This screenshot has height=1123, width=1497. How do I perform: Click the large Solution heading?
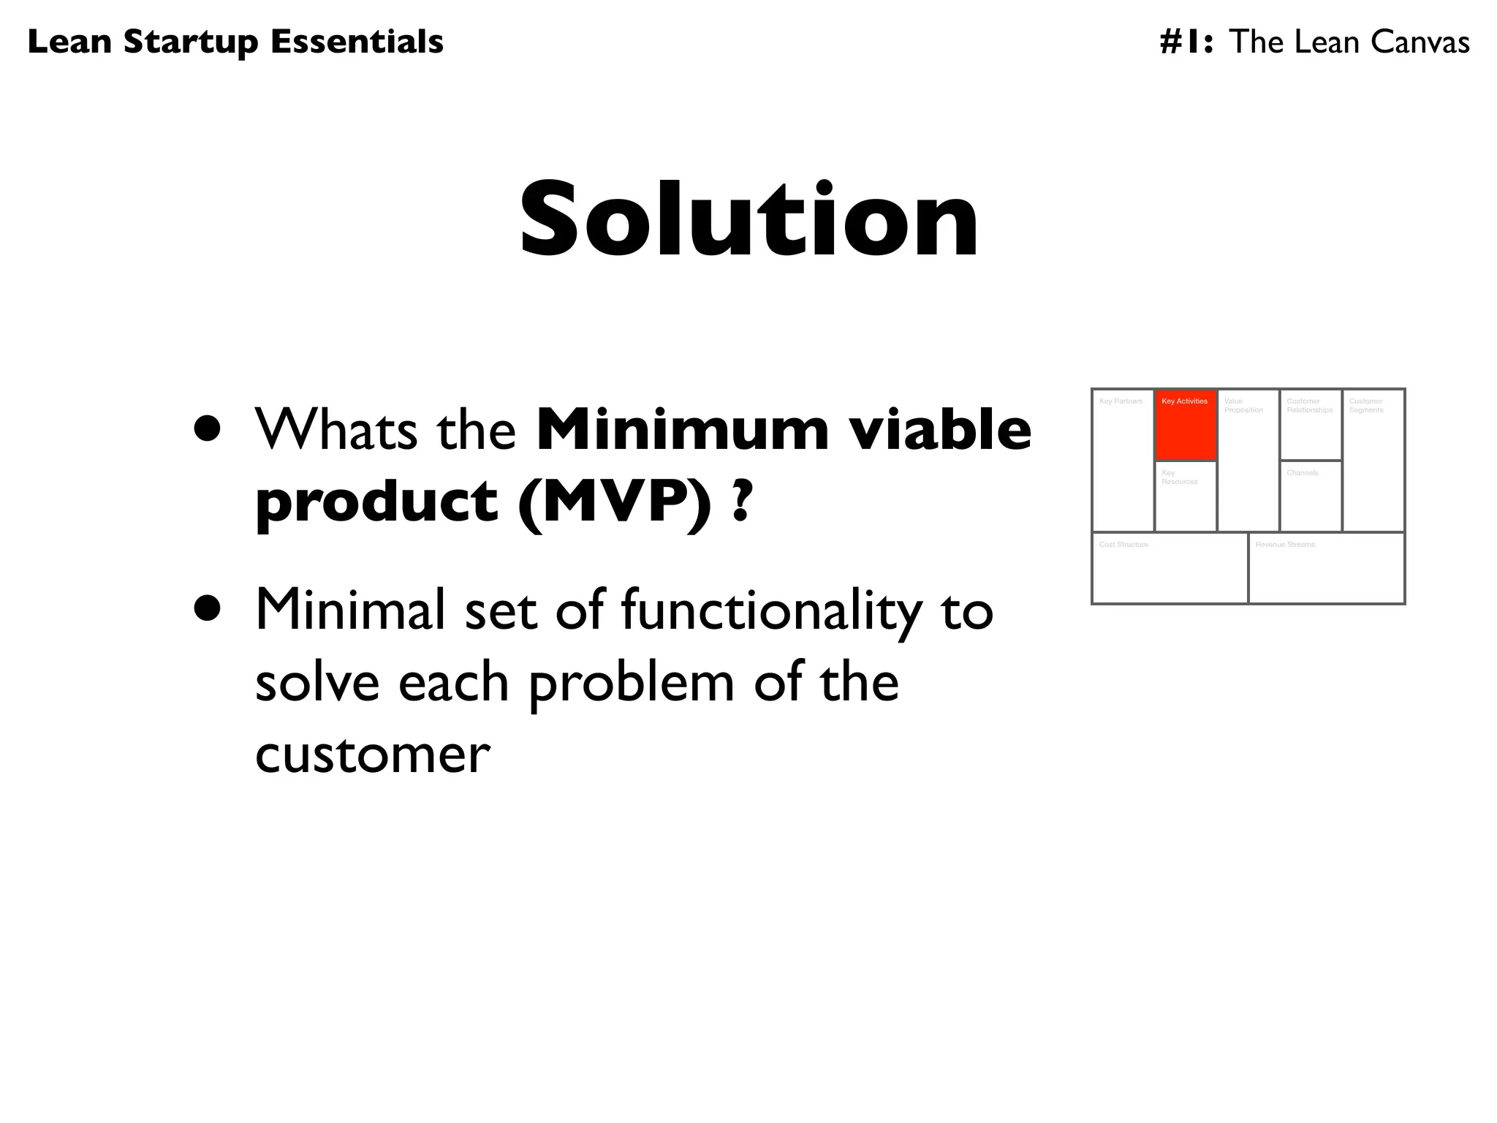click(x=748, y=219)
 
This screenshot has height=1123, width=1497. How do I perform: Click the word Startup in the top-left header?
click(x=191, y=42)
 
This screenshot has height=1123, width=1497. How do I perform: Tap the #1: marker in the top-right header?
click(x=1186, y=42)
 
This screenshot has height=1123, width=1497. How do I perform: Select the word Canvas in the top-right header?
click(x=1420, y=42)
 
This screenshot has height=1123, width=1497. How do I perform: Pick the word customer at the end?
click(x=373, y=753)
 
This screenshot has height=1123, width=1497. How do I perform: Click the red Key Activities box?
click(x=1186, y=425)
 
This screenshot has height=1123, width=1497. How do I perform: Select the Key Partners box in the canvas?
click(x=1123, y=461)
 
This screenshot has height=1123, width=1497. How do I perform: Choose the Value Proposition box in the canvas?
click(x=1248, y=461)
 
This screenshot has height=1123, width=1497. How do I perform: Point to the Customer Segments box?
click(x=1373, y=461)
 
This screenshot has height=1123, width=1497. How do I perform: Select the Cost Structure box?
click(x=1170, y=568)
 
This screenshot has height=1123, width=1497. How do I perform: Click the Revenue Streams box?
click(x=1326, y=568)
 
